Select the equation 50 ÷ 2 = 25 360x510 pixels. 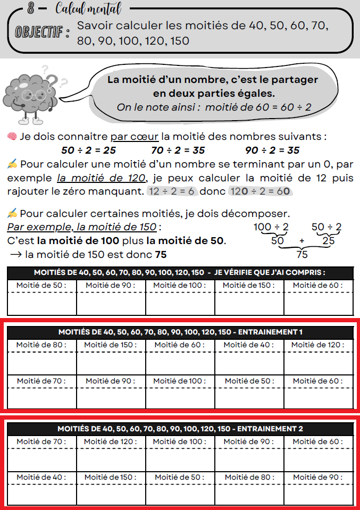point(89,150)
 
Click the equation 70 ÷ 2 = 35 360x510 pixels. point(178,150)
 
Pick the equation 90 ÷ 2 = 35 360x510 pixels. point(272,150)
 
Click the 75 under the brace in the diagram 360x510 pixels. point(302,254)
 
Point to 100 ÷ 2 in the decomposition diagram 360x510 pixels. point(271,228)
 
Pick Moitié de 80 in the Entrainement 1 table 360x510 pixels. point(41,345)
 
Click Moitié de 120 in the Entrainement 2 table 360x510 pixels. point(111,441)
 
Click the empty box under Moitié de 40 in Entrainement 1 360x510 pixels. point(249,363)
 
